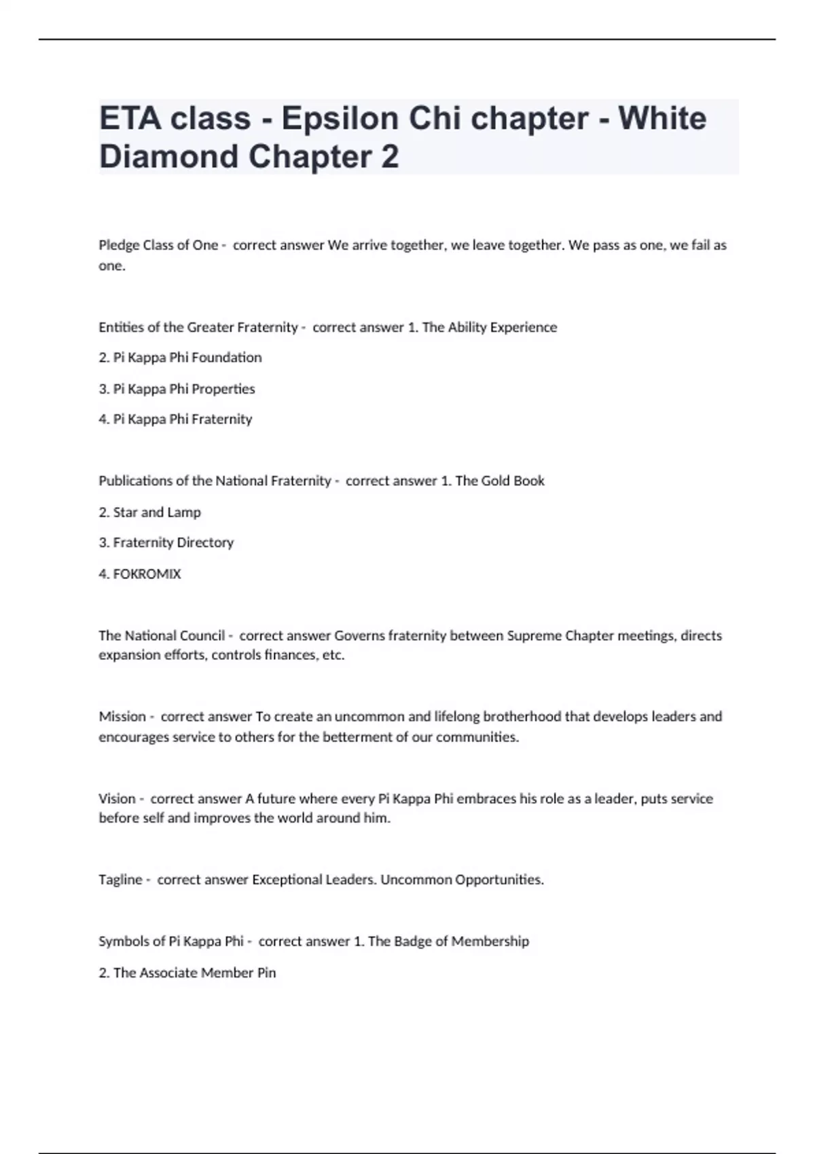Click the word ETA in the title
[x=129, y=119]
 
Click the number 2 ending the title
[x=390, y=157]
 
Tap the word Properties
[x=223, y=389]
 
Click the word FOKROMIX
[x=147, y=574]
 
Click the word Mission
[x=122, y=716]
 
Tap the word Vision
[x=117, y=798]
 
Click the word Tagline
[x=120, y=880]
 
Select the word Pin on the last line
[x=266, y=973]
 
